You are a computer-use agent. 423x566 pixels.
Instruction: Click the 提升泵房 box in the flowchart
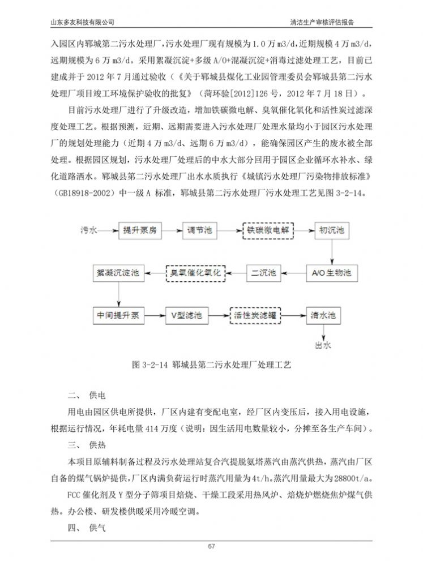(143, 231)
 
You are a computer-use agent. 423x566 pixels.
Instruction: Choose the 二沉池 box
(264, 273)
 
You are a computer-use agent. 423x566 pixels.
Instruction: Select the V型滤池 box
(187, 315)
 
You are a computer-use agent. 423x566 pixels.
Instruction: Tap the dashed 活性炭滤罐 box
(255, 315)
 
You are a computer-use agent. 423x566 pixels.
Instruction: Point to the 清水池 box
(323, 315)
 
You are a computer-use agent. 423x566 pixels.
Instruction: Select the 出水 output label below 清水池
(323, 344)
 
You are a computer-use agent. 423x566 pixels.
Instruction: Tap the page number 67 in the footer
(211, 547)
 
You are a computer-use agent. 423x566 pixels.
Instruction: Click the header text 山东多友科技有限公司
(83, 22)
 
